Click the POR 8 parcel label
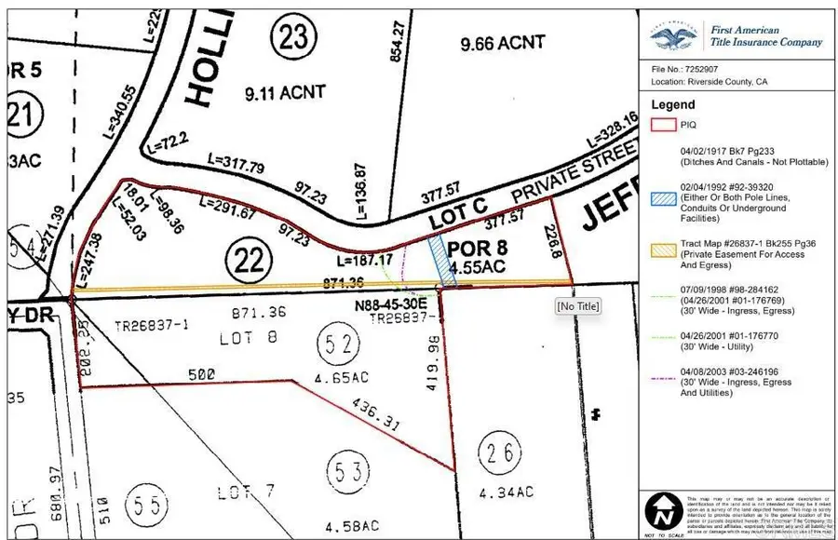(x=473, y=250)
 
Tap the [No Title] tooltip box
(x=577, y=305)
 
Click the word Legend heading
(x=673, y=105)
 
